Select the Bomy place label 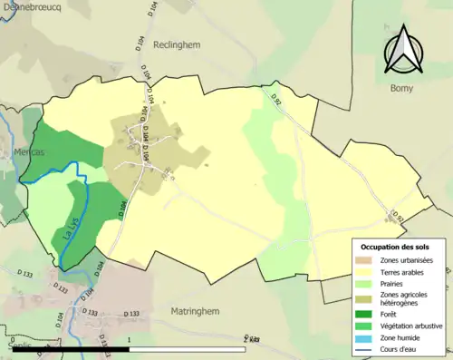point(401,88)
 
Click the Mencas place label point(30,153)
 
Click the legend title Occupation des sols point(395,247)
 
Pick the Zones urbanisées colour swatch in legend point(362,261)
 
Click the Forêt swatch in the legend point(362,315)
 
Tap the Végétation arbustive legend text point(410,326)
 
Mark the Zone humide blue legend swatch point(362,336)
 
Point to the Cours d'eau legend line point(362,347)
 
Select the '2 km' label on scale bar point(252,339)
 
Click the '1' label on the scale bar point(129,339)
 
